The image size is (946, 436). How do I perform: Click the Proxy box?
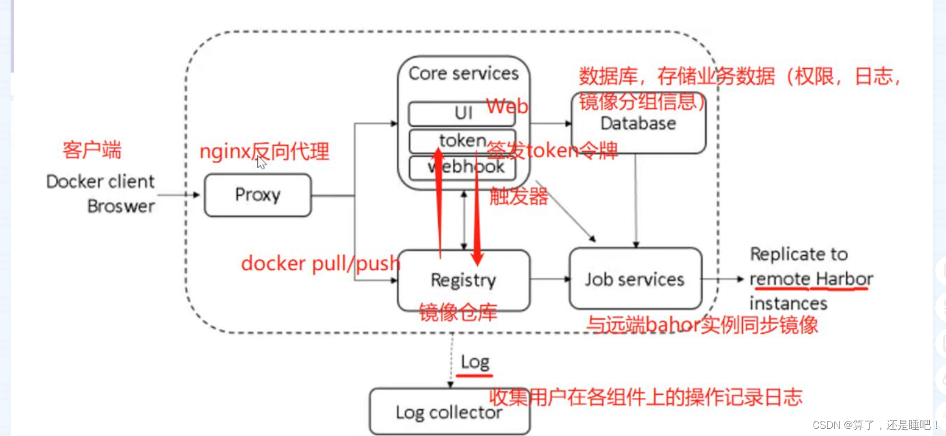[257, 195]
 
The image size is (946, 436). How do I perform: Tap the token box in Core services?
[462, 141]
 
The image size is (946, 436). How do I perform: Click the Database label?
[638, 123]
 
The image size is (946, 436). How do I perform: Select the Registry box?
[463, 280]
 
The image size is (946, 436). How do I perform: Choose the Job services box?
[635, 279]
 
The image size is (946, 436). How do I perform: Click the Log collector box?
[449, 412]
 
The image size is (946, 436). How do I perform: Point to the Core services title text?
[463, 73]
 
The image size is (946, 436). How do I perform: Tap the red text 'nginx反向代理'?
[264, 151]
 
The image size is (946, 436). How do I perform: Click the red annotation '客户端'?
[92, 150]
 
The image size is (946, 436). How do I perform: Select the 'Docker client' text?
[100, 181]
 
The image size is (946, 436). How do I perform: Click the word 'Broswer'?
[121, 206]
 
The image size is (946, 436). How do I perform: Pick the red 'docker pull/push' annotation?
[320, 263]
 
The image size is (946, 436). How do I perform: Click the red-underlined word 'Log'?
[475, 362]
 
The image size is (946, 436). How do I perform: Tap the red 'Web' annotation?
[507, 106]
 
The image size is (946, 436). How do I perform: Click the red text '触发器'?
[518, 197]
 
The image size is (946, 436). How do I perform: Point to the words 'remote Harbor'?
[811, 279]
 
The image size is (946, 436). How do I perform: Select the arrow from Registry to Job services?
[549, 279]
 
